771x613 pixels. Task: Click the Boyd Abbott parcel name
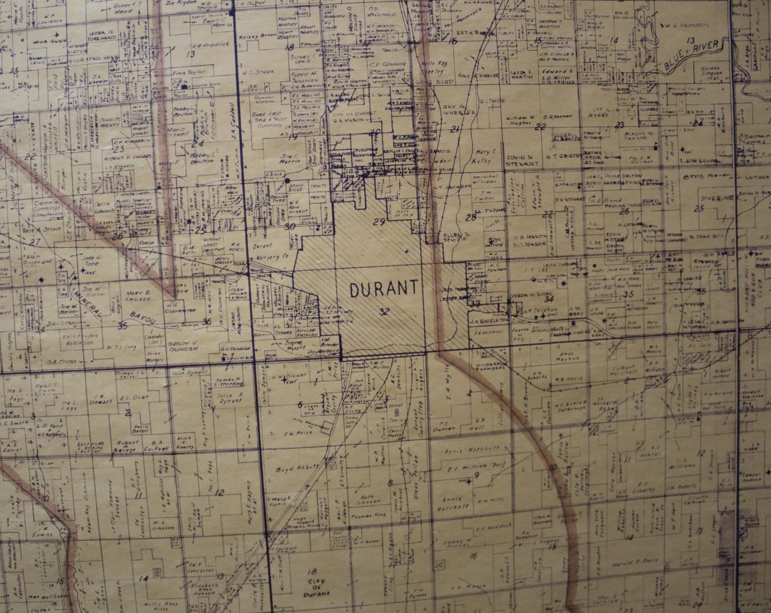293,469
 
